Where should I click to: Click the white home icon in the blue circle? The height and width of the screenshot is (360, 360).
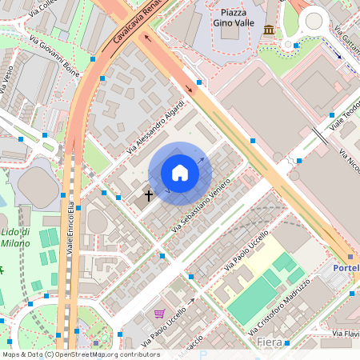(x=180, y=173)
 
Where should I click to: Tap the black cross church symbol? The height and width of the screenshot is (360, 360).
(x=148, y=194)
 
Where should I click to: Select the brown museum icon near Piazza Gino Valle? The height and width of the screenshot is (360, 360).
(x=268, y=30)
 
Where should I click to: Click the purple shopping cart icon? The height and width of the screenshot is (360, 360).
(x=159, y=314)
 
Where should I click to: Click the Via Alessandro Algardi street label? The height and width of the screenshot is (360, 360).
(x=157, y=126)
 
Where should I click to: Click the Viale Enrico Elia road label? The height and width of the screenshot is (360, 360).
(x=70, y=227)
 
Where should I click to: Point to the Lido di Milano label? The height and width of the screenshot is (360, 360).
(x=15, y=238)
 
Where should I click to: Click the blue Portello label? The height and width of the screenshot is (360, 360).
(x=346, y=268)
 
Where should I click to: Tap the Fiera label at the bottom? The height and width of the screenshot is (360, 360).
(x=269, y=342)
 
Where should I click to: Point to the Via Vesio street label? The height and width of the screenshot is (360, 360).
(x=7, y=80)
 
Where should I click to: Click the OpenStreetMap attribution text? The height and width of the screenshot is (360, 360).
(x=80, y=354)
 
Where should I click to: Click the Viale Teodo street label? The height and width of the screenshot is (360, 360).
(x=346, y=116)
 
